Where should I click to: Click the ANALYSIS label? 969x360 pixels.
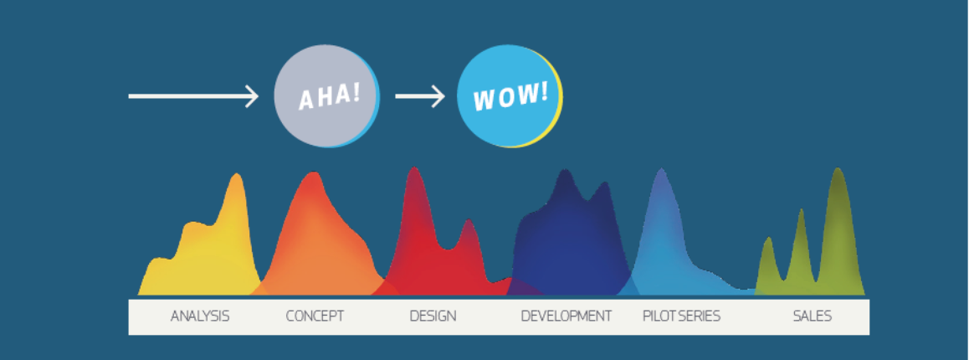(200, 316)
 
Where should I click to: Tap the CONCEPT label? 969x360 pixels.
(315, 316)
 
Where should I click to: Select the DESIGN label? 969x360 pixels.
(433, 316)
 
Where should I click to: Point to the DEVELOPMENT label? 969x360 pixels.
(566, 316)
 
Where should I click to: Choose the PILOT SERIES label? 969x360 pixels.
(682, 316)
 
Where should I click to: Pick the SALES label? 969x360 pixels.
(812, 316)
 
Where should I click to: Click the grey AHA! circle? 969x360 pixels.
(326, 96)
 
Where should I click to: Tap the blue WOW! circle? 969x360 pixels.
(510, 96)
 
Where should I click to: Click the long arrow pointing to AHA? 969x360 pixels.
(192, 96)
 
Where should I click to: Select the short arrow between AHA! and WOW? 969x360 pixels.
(420, 96)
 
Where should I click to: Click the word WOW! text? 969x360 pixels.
(510, 96)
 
